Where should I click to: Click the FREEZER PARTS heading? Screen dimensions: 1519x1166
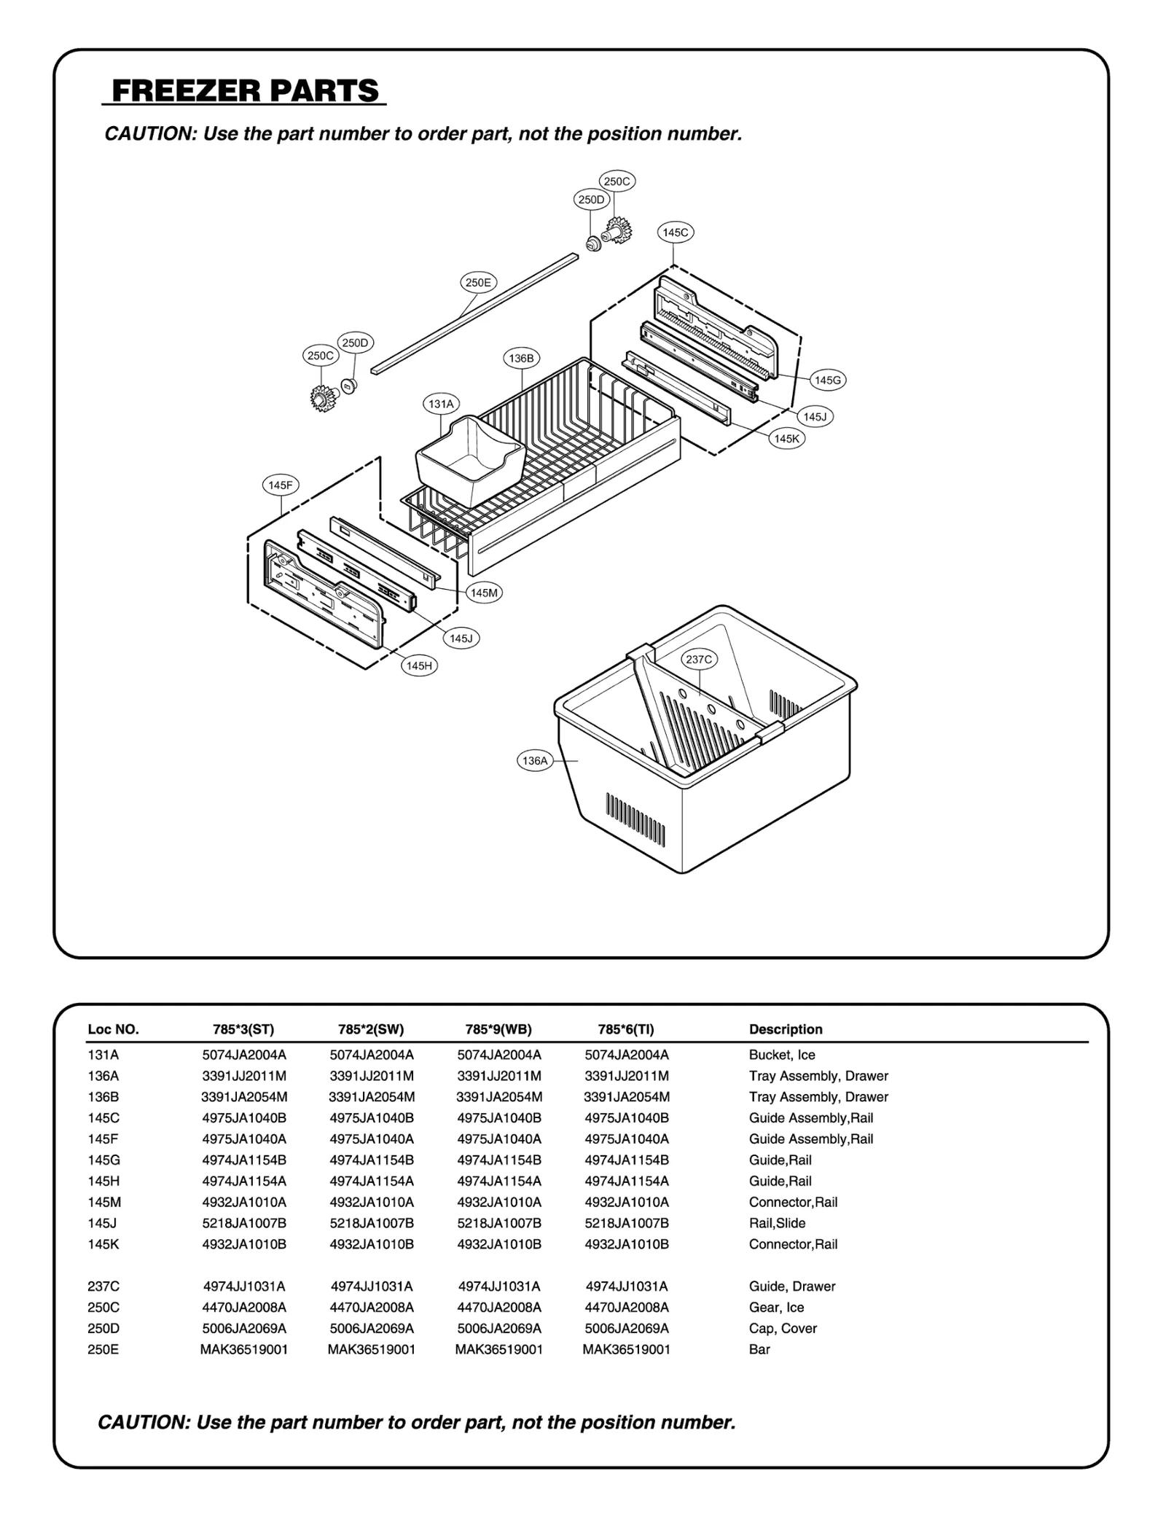pyautogui.click(x=245, y=91)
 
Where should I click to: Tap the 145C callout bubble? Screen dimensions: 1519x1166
pyautogui.click(x=675, y=233)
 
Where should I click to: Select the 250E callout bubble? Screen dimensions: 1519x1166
pyautogui.click(x=478, y=283)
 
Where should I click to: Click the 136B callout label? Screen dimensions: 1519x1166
pyautogui.click(x=521, y=359)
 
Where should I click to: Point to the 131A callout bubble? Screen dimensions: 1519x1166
pyautogui.click(x=441, y=404)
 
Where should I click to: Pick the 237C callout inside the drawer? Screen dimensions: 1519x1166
pyautogui.click(x=699, y=660)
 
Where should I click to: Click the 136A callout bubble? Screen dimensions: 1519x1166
pyautogui.click(x=535, y=761)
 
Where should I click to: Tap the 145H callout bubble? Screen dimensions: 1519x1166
pyautogui.click(x=419, y=665)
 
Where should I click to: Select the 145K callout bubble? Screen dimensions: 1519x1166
pyautogui.click(x=787, y=439)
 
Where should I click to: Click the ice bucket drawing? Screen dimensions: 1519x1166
pyautogui.click(x=470, y=463)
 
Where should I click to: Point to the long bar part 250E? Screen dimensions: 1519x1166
pyautogui.click(x=474, y=315)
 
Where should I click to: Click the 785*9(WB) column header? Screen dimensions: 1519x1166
pyautogui.click(x=498, y=1029)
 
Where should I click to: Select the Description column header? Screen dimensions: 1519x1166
pyautogui.click(x=786, y=1029)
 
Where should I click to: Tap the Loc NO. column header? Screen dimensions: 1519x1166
pyautogui.click(x=113, y=1029)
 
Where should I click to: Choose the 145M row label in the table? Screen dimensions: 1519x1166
pyautogui.click(x=104, y=1202)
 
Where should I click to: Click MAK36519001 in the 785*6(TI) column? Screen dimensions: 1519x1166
pyautogui.click(x=626, y=1349)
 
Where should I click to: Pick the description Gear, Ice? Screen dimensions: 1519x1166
pyautogui.click(x=776, y=1307)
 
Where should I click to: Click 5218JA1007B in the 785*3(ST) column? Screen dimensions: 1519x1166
pyautogui.click(x=244, y=1223)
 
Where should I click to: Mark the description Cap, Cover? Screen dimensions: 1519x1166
pyautogui.click(x=783, y=1328)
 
